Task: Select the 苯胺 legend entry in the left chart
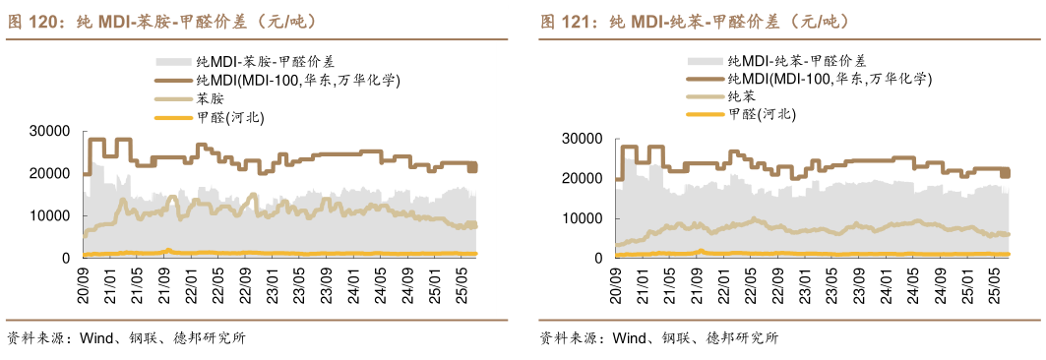click(x=211, y=98)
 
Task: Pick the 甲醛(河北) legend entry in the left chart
click(x=230, y=117)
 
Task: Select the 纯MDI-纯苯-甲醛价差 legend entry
click(x=797, y=61)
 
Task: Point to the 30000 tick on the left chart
click(x=49, y=131)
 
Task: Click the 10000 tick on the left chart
click(x=49, y=215)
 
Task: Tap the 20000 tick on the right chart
click(x=581, y=178)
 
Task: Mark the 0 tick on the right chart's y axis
click(x=597, y=258)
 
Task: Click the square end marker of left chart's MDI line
click(x=472, y=168)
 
